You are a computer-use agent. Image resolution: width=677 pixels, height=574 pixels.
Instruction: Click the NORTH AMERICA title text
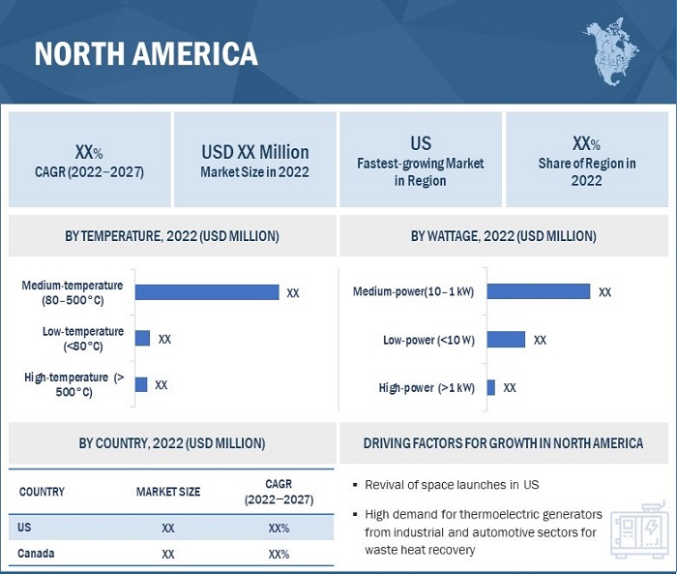pos(146,53)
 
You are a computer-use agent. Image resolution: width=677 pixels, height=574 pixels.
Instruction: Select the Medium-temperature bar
pos(207,291)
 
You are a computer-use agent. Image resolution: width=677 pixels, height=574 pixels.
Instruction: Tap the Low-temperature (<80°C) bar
pos(142,338)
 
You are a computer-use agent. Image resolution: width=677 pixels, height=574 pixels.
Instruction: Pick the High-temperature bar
pos(141,384)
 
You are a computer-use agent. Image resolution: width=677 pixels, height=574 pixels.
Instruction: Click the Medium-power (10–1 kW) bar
pos(538,291)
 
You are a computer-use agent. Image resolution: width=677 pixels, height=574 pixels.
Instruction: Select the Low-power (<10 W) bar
pos(506,339)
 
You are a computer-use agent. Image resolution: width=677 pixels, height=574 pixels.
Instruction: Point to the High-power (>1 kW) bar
pos(491,387)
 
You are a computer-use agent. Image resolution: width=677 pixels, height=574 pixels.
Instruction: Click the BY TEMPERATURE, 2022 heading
pos(172,236)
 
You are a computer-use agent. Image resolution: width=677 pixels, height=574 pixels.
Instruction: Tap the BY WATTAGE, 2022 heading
pos(504,236)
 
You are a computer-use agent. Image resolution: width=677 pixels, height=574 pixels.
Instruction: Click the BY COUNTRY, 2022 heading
pos(172,443)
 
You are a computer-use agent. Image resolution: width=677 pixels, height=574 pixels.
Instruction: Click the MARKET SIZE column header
pos(168,492)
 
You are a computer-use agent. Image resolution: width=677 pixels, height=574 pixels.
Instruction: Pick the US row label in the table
pos(25,528)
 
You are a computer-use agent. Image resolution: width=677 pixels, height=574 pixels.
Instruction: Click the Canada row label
pos(36,555)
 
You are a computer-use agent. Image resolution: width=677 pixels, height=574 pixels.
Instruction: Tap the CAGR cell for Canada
pos(279,555)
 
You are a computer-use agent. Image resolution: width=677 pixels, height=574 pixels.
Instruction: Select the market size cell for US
pos(168,529)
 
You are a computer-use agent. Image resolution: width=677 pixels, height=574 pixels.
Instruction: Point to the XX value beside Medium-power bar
pos(604,291)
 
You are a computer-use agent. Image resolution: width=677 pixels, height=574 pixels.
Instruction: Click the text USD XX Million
pos(255,152)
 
